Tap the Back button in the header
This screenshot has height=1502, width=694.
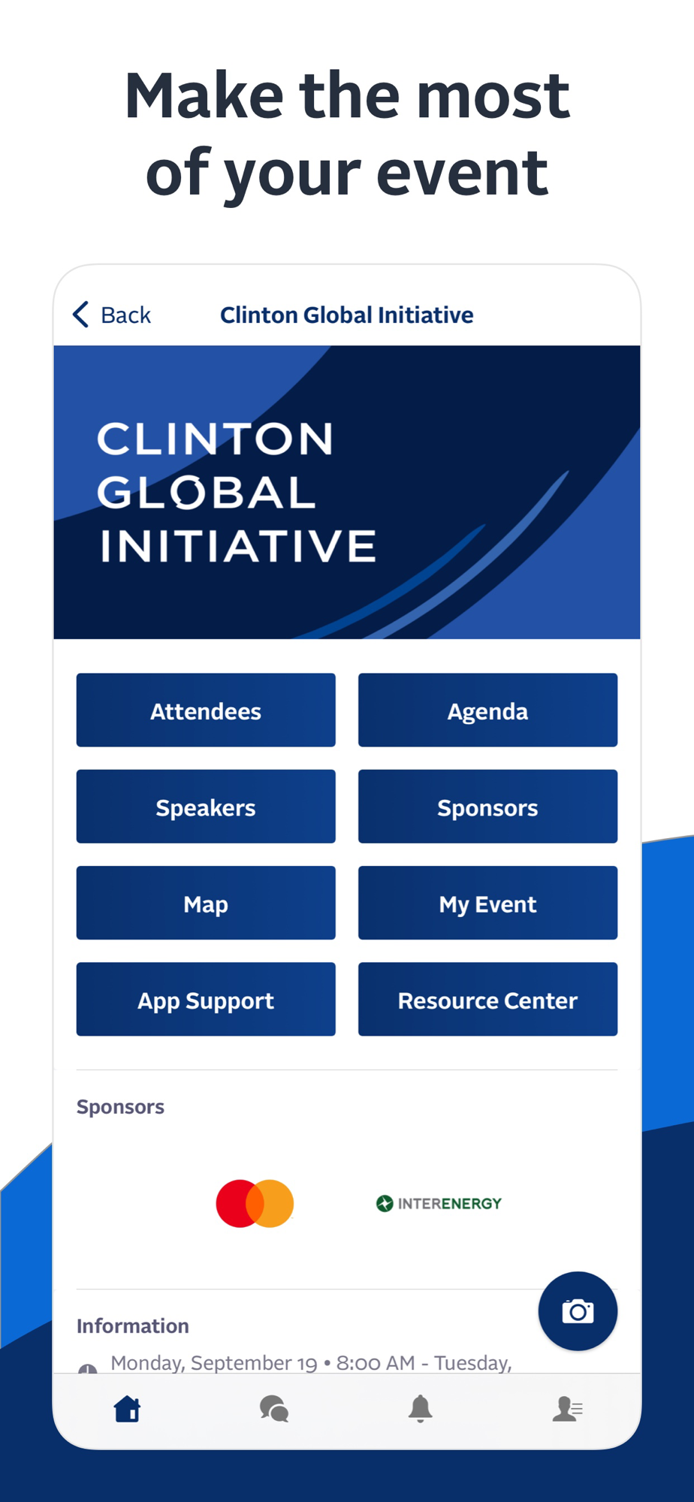coord(112,315)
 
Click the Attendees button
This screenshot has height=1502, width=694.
coord(206,710)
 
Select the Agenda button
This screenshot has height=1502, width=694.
coord(487,710)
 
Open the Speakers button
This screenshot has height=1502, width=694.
coord(206,807)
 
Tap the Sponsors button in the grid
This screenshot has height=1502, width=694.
coord(487,807)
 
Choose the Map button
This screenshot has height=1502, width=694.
coord(206,903)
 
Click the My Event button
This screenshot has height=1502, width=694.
coord(487,903)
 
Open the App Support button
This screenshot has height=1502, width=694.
coord(206,999)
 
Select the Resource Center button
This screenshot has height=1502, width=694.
coord(487,999)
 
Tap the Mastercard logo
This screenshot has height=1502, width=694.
coord(255,1203)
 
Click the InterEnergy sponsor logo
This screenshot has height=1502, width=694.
coord(439,1203)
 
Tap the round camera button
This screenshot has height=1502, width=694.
coord(578,1311)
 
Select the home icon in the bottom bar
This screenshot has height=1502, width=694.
coord(128,1409)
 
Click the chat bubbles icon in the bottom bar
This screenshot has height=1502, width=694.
coord(274,1409)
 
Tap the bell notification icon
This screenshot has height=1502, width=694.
coord(421,1409)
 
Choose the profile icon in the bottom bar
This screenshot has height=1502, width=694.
coord(567,1409)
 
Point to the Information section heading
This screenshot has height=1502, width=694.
coord(133,1326)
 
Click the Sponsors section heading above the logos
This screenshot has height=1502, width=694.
coord(120,1107)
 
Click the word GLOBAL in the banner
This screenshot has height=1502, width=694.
coord(207,493)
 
